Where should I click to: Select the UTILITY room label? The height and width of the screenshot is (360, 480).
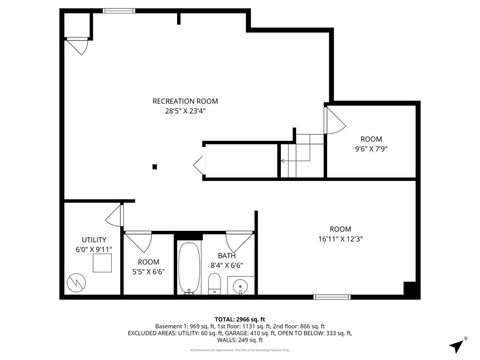pos(94,240)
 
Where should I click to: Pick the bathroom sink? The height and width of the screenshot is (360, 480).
pos(239,287)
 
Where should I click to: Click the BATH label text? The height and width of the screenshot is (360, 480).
pos(227,256)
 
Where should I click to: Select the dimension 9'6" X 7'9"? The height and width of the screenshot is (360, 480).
pos(371,148)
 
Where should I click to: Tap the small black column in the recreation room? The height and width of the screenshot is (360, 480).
pos(154,167)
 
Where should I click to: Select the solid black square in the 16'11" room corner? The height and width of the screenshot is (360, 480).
pos(409,289)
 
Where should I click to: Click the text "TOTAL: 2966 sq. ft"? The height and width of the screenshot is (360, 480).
pos(240,318)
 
